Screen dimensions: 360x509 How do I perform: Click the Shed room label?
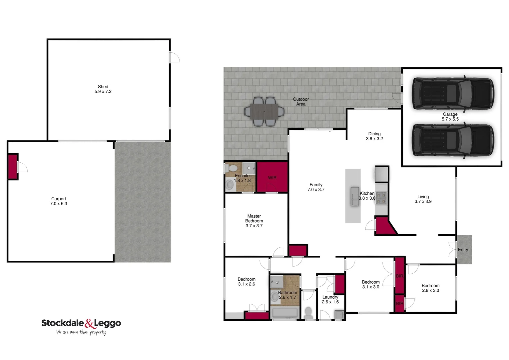coord(103,89)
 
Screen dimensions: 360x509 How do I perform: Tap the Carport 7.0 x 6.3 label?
coord(59,201)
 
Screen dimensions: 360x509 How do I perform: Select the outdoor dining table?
coord(264,111)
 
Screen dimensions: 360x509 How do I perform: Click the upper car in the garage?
coord(453,93)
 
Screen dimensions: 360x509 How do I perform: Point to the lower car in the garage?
coord(453,140)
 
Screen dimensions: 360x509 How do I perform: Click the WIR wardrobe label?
coord(272,178)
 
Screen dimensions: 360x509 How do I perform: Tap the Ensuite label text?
coord(242,176)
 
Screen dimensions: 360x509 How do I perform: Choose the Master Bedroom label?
coord(254,221)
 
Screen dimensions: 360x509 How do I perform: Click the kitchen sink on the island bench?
coord(355,197)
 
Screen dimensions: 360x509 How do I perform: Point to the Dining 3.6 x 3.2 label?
coord(374,136)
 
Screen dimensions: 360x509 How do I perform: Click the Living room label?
coord(423,199)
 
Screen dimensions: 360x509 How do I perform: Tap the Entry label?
coord(463,250)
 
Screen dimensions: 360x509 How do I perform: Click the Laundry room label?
coord(330,299)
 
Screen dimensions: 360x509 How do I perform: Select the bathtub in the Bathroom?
coord(285,313)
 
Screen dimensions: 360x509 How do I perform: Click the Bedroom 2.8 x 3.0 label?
coord(430,288)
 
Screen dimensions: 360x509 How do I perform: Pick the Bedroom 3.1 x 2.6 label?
coord(247,282)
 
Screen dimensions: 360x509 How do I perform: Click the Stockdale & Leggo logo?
coord(81,325)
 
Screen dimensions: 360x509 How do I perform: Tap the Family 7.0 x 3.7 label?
coord(316,187)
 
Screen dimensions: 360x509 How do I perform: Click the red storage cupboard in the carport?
coord(13,166)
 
